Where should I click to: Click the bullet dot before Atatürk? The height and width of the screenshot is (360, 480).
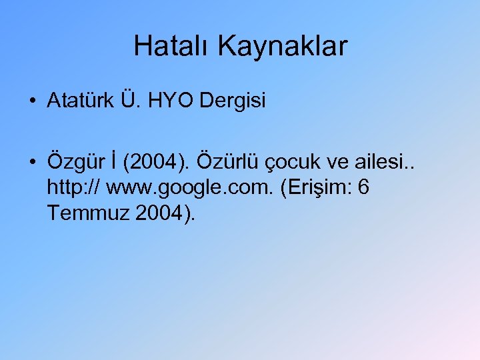tap(32, 101)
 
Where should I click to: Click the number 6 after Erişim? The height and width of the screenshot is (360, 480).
tap(363, 189)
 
